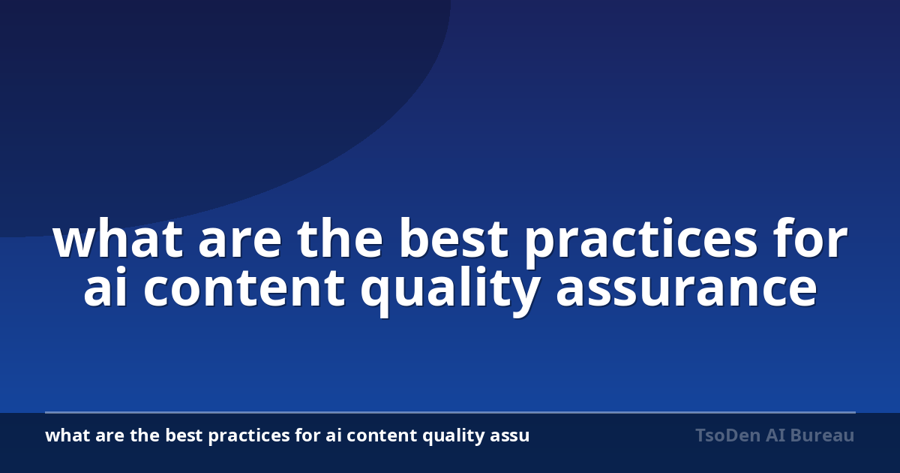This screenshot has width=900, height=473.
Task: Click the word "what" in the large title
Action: point(117,239)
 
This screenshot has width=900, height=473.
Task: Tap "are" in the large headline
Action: point(240,243)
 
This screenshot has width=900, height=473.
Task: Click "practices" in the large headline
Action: point(640,243)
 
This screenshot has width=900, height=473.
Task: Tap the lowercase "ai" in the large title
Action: point(105,287)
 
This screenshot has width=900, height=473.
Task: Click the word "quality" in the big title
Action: point(450,291)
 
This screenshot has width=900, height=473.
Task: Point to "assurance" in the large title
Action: point(687,291)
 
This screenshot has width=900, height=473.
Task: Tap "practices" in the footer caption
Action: point(249,437)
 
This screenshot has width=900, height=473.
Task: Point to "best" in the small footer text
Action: point(184,435)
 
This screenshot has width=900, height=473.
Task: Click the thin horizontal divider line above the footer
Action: point(450,412)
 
